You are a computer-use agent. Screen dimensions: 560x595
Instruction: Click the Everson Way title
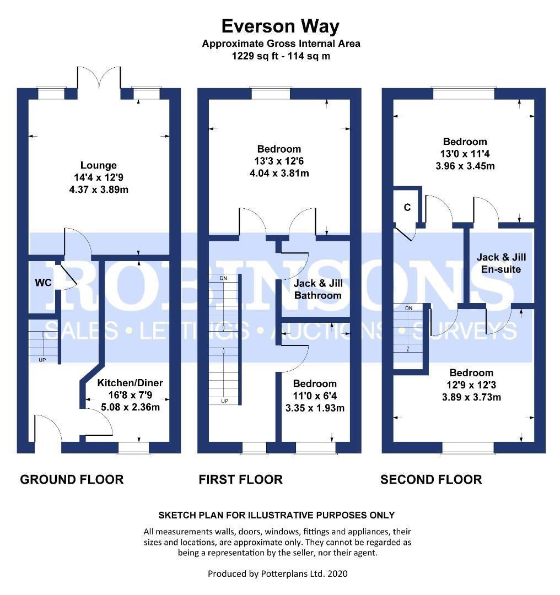[280, 26]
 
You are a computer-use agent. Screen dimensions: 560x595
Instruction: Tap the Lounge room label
[98, 165]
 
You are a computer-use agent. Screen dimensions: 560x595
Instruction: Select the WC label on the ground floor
[43, 282]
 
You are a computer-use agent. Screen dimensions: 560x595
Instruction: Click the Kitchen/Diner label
[130, 382]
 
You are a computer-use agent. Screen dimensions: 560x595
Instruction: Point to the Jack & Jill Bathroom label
[318, 289]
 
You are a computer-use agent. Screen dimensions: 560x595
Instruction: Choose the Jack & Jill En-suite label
[501, 263]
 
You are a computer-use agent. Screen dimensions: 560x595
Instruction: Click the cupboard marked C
[407, 207]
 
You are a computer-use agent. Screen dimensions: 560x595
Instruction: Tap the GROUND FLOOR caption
[72, 479]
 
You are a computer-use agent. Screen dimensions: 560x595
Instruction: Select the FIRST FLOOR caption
[241, 479]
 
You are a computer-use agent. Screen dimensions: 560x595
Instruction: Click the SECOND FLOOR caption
[431, 479]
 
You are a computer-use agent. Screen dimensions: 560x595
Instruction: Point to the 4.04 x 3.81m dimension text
[279, 174]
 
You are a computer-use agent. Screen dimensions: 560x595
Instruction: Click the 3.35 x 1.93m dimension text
[315, 408]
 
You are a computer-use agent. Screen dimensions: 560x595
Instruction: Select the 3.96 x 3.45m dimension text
[465, 166]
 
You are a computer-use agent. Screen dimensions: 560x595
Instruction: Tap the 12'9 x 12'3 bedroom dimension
[471, 385]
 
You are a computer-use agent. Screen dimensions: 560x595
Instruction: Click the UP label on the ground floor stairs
[42, 360]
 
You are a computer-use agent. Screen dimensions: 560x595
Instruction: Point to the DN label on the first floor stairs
[223, 278]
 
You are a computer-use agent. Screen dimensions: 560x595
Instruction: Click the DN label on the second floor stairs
[408, 308]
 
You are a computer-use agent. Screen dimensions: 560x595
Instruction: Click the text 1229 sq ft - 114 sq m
[281, 56]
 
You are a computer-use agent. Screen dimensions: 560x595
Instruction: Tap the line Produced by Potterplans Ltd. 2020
[278, 574]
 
